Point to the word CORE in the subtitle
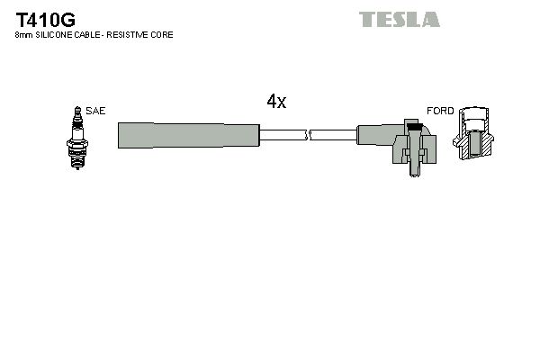(x=163, y=35)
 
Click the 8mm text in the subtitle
(x=24, y=35)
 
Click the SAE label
(x=96, y=111)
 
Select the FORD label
(x=440, y=111)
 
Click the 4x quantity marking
(x=276, y=102)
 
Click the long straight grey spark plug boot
(x=188, y=135)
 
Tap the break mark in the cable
(x=308, y=135)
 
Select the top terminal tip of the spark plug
(x=76, y=108)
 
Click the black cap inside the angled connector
(x=413, y=128)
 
